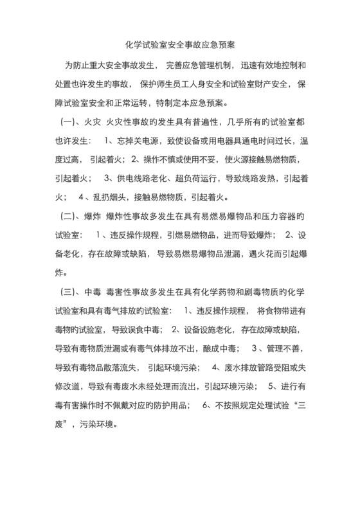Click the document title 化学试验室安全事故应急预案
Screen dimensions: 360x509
coord(179,46)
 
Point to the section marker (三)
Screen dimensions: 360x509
coord(68,293)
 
